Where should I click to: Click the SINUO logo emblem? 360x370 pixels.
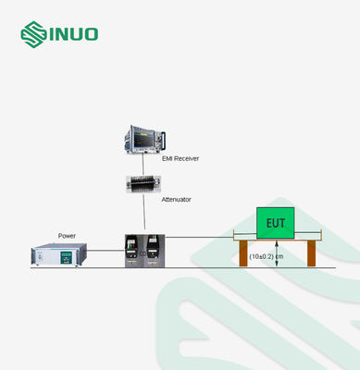(34, 36)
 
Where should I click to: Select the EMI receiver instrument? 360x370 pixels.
(145, 141)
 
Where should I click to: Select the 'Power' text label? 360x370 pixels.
(67, 235)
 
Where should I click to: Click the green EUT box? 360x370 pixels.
(276, 223)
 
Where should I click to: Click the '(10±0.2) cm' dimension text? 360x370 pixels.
(266, 255)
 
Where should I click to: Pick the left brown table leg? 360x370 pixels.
(242, 254)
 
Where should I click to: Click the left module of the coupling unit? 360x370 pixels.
(133, 249)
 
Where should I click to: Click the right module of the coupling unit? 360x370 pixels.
(154, 249)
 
